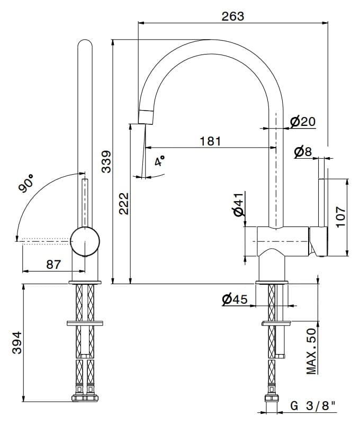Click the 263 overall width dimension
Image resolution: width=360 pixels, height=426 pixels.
233,16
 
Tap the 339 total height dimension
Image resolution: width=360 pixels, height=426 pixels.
106,161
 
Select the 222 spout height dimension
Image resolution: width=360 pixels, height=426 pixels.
124,204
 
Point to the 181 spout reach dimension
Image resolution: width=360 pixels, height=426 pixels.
211,141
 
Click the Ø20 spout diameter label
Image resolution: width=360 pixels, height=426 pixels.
302,121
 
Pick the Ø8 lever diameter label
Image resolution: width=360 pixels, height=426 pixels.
303,152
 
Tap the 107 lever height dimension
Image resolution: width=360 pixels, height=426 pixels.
340,216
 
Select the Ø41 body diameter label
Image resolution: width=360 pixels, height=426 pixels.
239,205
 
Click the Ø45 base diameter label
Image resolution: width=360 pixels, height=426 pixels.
235,299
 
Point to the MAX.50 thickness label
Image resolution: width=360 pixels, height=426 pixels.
311,351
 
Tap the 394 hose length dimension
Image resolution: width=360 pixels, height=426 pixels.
17,342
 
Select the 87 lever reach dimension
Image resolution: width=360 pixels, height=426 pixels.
53,264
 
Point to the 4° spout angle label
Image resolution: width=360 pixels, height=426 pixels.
159,161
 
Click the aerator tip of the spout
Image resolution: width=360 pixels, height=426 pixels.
146,117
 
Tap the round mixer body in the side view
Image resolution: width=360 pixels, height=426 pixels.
85,241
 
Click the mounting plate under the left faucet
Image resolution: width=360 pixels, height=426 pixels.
85,323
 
